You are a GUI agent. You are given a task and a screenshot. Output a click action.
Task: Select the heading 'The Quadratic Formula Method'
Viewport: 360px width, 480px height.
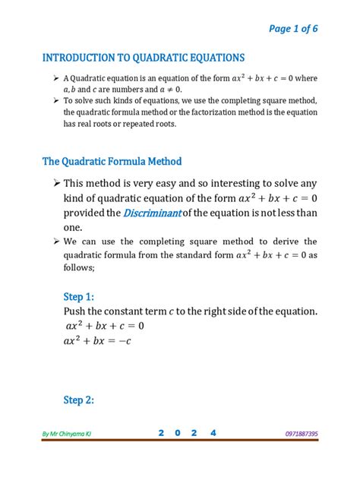click(112, 162)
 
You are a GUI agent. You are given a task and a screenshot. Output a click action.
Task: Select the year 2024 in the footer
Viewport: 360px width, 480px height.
click(187, 433)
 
